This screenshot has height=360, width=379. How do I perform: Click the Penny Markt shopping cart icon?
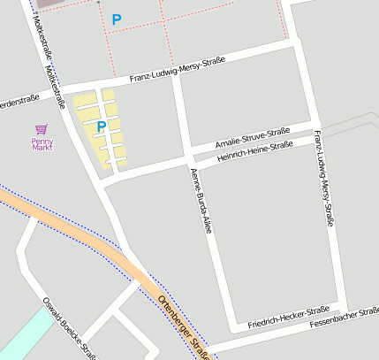tap(41, 129)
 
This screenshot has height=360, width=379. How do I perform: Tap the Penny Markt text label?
tap(42, 142)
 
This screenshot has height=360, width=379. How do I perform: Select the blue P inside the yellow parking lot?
tap(101, 127)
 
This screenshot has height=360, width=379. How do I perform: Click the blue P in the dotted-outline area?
tap(117, 19)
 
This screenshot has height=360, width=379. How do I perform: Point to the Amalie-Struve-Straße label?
tap(253, 137)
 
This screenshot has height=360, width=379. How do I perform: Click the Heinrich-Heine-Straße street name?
tap(255, 151)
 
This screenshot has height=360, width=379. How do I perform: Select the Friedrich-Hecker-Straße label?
tap(288, 318)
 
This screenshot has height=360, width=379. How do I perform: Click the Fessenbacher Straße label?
tap(345, 318)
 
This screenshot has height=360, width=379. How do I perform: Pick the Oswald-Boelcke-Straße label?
tap(70, 328)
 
